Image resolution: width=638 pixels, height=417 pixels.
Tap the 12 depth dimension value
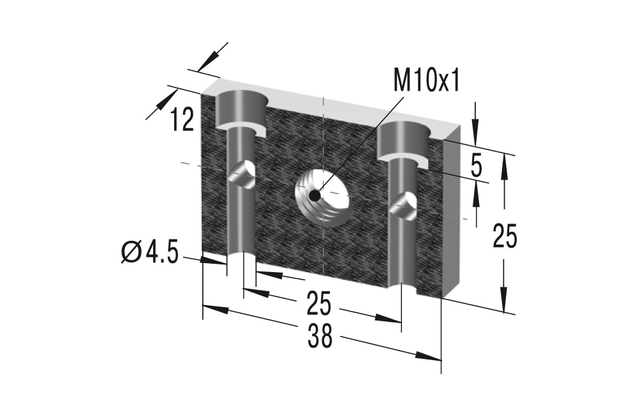[x=182, y=119]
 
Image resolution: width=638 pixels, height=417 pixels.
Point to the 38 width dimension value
[x=320, y=336]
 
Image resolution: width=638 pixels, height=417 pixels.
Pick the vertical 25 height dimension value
[x=505, y=236]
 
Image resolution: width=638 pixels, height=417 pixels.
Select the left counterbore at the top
[x=240, y=109]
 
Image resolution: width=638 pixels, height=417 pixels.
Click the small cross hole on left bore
[x=243, y=174]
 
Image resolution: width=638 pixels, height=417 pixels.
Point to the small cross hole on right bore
[x=404, y=206]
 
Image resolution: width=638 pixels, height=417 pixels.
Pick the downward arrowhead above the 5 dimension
[x=475, y=127]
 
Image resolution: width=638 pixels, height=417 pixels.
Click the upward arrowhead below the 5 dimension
[x=476, y=194]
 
